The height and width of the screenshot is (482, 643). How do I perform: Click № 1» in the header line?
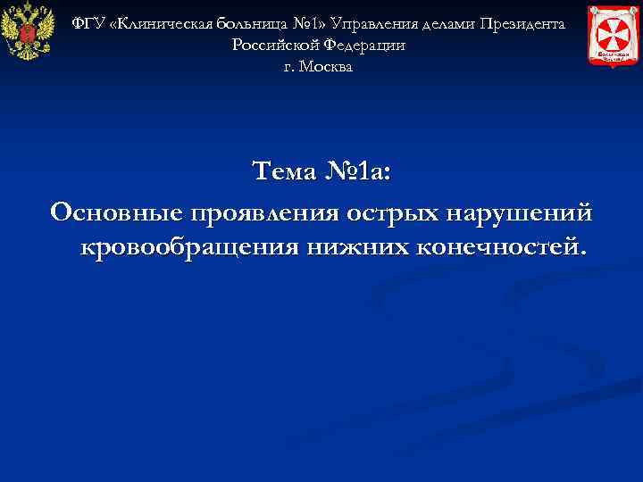point(309,22)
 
